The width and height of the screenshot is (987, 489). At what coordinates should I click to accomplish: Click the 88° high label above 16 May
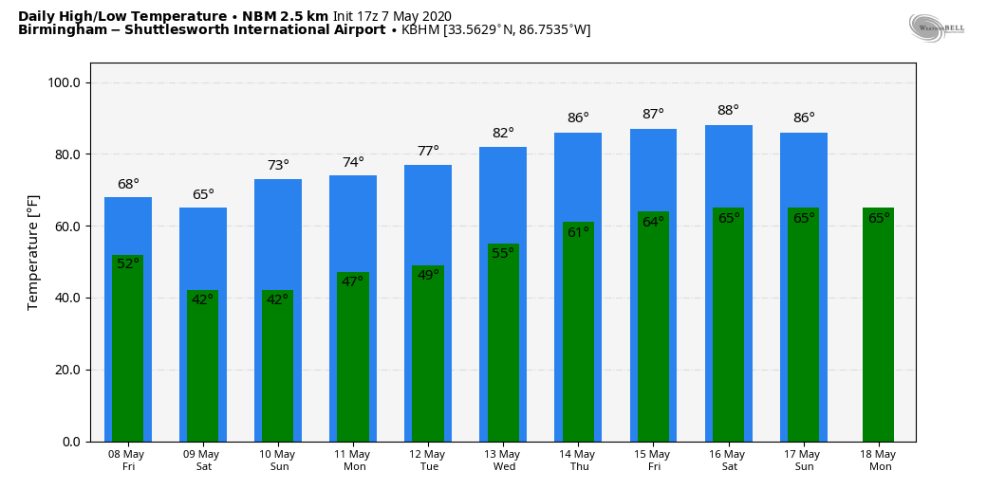(x=728, y=111)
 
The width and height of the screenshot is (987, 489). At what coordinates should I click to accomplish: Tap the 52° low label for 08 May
(x=128, y=263)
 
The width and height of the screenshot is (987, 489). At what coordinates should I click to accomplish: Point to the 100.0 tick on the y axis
(x=68, y=83)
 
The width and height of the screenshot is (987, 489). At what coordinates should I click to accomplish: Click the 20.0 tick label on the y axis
(x=68, y=370)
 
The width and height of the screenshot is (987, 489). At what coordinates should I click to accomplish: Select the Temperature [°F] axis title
(x=33, y=251)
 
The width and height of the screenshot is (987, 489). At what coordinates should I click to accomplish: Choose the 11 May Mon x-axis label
(x=354, y=461)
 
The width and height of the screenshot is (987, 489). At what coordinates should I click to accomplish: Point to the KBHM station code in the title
(x=420, y=30)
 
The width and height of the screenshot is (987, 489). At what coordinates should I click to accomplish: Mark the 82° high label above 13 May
(x=503, y=134)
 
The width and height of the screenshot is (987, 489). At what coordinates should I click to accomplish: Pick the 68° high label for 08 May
(x=128, y=185)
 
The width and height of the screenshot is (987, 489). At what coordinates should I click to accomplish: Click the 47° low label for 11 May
(x=353, y=281)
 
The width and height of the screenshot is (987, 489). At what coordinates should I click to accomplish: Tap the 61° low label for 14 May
(x=578, y=232)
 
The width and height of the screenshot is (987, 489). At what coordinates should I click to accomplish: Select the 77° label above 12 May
(x=428, y=152)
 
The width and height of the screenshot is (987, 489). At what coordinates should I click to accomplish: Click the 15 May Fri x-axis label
(x=653, y=461)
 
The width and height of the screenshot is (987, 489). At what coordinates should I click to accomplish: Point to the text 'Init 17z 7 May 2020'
(x=392, y=16)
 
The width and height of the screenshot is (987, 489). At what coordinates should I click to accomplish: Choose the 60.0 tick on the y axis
(x=68, y=226)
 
